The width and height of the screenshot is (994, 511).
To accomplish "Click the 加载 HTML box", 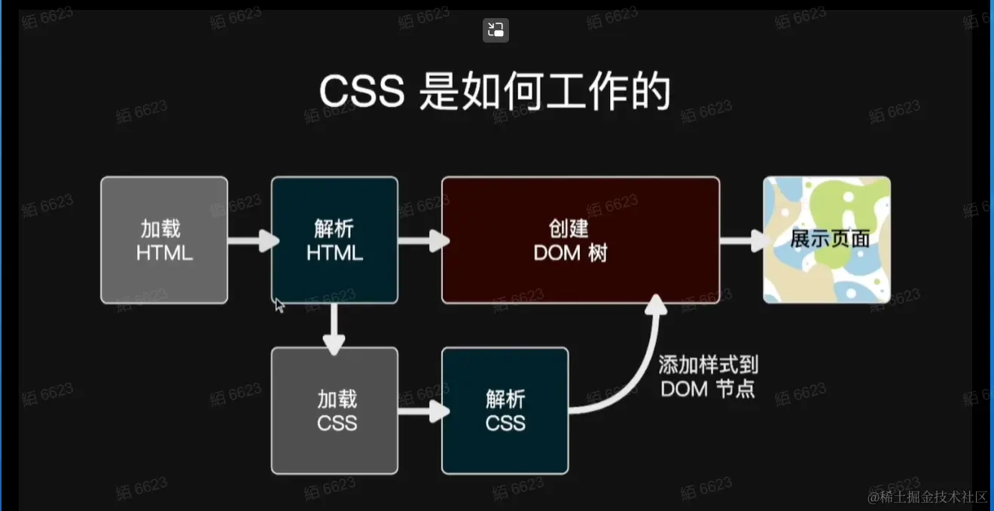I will (x=164, y=240).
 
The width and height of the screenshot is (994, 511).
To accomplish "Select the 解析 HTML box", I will (x=334, y=240).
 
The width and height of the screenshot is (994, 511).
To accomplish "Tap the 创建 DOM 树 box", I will (x=580, y=240).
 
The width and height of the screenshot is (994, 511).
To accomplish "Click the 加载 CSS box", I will (x=334, y=411).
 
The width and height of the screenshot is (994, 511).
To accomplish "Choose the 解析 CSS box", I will (x=505, y=411).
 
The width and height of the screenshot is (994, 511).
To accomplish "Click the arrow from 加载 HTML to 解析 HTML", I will (x=252, y=241).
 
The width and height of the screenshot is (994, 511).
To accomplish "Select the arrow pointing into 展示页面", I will (x=744, y=241).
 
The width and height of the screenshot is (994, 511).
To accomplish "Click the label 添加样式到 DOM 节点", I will (x=708, y=377).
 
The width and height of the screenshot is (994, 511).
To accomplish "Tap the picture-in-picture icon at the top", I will (x=495, y=30).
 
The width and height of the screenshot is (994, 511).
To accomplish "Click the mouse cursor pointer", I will (x=279, y=304).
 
